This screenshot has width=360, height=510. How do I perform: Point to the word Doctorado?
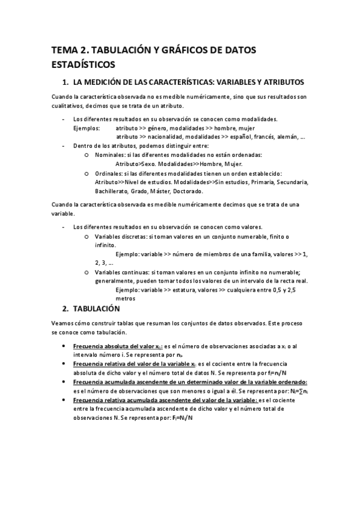coord(188,191)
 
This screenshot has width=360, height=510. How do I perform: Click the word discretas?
coord(131,237)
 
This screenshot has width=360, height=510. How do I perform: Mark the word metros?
coord(125,298)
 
